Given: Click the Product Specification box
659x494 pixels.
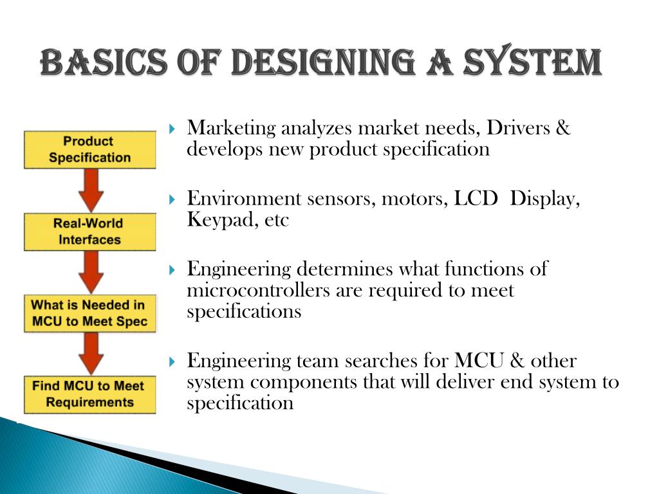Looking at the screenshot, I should (x=89, y=150).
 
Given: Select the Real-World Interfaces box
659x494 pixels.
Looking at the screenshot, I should (x=89, y=232).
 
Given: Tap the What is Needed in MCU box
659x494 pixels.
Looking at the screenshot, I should (x=89, y=313).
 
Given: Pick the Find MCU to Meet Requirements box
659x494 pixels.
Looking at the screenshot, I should (x=89, y=394).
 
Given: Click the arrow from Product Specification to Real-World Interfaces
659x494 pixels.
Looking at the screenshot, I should (x=90, y=191).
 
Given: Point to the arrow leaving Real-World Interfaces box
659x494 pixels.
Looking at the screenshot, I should (x=90, y=273).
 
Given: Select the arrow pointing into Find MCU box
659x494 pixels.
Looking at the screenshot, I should (x=90, y=354).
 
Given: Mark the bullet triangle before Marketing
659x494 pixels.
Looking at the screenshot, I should (x=172, y=129).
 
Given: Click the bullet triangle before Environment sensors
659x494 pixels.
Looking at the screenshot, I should (x=172, y=199).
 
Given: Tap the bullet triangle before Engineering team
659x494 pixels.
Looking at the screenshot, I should (x=172, y=361).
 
